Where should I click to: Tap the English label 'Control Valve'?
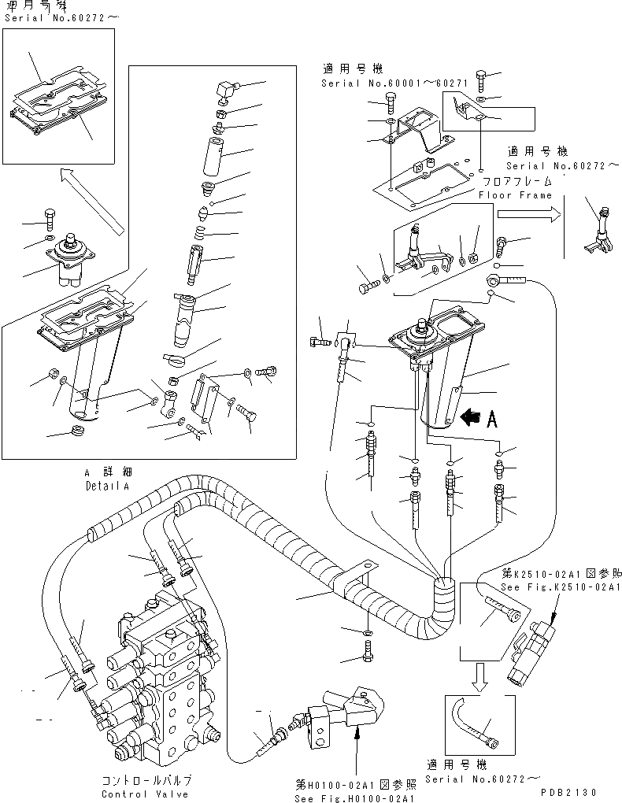click(x=146, y=794)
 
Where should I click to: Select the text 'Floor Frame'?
click(x=516, y=195)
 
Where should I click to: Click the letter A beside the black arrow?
click(x=492, y=419)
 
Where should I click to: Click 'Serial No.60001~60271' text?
click(x=384, y=83)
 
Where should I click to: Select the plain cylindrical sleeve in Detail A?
click(x=215, y=156)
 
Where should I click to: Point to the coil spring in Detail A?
click(x=202, y=231)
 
